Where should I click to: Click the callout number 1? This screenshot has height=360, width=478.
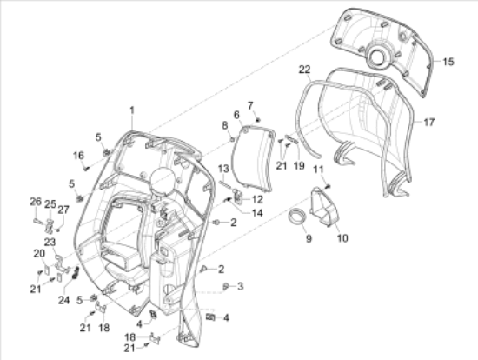[133, 110]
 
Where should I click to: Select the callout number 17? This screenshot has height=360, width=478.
[428, 123]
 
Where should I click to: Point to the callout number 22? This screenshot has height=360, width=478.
[305, 69]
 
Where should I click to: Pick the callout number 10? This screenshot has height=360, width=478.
[341, 237]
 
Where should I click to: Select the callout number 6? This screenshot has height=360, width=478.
[236, 115]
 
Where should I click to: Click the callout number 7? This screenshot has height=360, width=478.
[250, 105]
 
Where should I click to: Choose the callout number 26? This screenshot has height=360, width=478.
[35, 202]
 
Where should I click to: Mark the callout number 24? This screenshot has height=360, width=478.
[64, 301]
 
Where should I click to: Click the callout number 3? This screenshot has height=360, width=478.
[240, 285]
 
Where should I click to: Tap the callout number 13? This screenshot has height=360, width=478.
[222, 168]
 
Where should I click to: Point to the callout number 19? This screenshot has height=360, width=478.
[298, 165]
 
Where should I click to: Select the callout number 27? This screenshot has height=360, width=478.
[63, 209]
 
